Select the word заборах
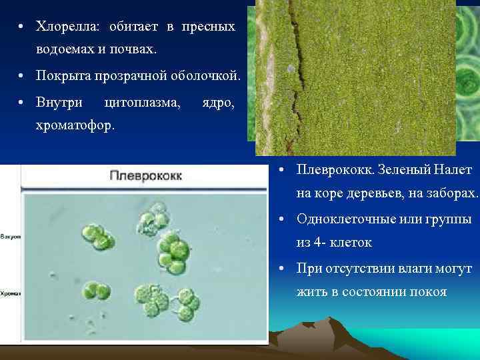click(x=453, y=194)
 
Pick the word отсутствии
click(x=365, y=268)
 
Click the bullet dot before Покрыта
click(x=22, y=77)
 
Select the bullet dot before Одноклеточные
click(x=283, y=219)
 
